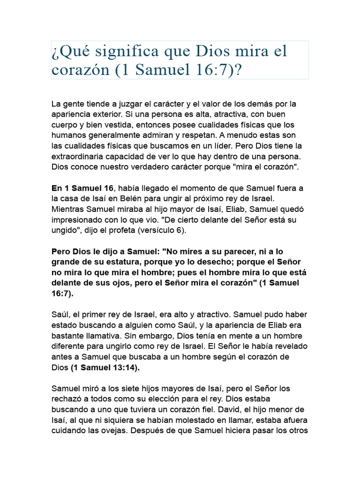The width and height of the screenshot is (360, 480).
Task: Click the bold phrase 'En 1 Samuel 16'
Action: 82,188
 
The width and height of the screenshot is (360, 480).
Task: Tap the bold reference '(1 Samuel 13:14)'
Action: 105,367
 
